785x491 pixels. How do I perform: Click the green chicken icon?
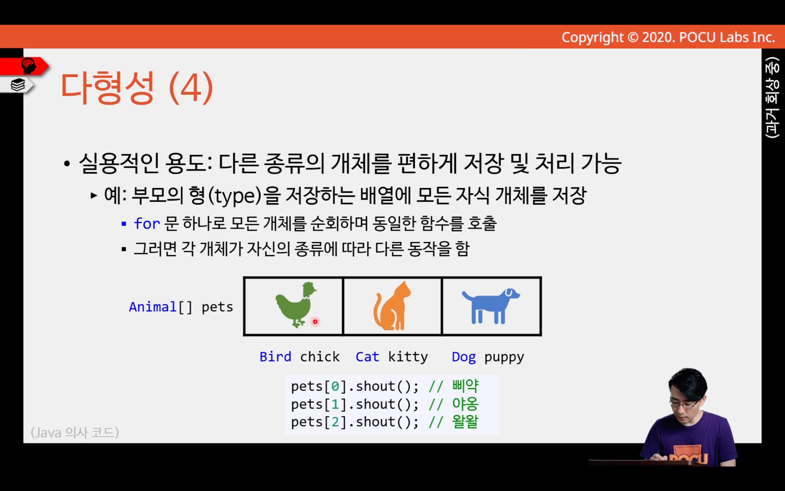(x=296, y=305)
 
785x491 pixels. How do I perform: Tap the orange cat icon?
(x=392, y=306)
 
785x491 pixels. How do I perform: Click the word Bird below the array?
(x=275, y=356)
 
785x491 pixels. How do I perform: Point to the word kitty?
(x=408, y=356)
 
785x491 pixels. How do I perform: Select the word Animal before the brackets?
(x=153, y=307)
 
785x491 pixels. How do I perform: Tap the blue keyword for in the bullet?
(x=147, y=223)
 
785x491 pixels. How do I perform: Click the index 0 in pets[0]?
(x=335, y=386)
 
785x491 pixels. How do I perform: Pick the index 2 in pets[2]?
(x=335, y=422)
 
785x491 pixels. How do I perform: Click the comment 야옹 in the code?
(x=465, y=404)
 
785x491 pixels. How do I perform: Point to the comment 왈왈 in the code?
(x=465, y=422)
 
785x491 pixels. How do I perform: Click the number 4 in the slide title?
(x=192, y=88)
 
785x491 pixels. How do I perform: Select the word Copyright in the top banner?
(x=592, y=37)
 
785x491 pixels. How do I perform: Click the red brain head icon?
(x=29, y=66)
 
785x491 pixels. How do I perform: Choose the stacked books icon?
(x=18, y=85)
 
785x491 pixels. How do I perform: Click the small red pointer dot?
(x=315, y=321)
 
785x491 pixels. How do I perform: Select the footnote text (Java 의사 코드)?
(x=75, y=432)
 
